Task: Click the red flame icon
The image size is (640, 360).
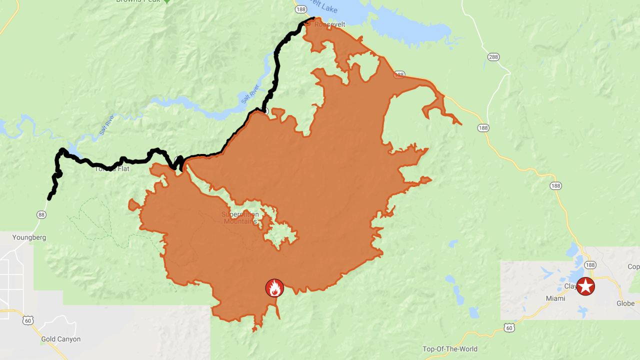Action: tap(274, 288)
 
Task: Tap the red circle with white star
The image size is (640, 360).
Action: tap(585, 286)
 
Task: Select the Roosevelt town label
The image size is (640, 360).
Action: tap(330, 24)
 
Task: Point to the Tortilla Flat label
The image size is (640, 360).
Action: tap(112, 168)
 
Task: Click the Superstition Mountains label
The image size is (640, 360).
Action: tap(240, 218)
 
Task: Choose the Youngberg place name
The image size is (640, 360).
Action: tap(29, 237)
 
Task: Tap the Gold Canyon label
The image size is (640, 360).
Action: tap(60, 339)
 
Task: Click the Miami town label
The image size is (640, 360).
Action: tap(555, 298)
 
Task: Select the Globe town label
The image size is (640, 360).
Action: tap(625, 303)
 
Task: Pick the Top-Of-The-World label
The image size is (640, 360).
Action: tap(450, 349)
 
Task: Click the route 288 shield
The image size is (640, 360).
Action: tap(493, 57)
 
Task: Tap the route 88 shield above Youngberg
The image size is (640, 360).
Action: tap(41, 214)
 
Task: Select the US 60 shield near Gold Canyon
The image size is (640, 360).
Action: tap(28, 320)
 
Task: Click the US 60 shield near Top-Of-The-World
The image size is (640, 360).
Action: tap(509, 327)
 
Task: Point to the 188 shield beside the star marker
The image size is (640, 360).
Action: tap(590, 265)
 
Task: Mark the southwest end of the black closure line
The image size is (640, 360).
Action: tap(49, 198)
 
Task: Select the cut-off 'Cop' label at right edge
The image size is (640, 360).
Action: tap(633, 266)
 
